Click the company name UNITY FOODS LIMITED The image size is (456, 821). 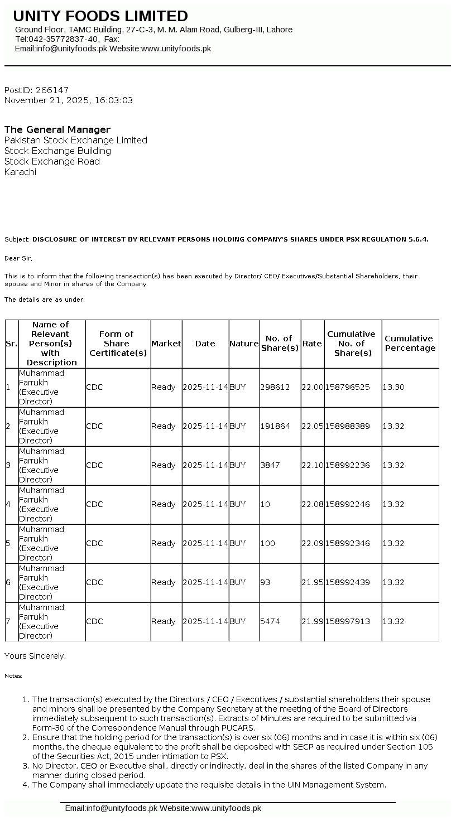[x=100, y=16]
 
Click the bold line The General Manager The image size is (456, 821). [x=57, y=129]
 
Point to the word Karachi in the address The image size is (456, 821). [x=20, y=172]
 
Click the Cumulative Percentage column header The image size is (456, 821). [x=410, y=344]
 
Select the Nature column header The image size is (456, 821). [x=244, y=344]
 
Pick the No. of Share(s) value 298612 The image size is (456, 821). [x=275, y=387]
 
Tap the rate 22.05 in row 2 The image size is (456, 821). [x=312, y=426]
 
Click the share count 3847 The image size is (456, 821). [x=270, y=465]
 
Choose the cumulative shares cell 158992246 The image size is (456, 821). [x=347, y=504]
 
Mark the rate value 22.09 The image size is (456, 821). [x=312, y=543]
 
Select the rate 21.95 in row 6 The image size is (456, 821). [x=312, y=582]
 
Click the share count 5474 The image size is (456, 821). [x=270, y=621]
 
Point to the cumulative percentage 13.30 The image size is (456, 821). [x=393, y=387]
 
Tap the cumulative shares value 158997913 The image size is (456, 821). [x=347, y=621]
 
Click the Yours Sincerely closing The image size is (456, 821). [x=35, y=656]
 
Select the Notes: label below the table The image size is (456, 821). [x=13, y=676]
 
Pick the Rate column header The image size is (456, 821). [x=312, y=344]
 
